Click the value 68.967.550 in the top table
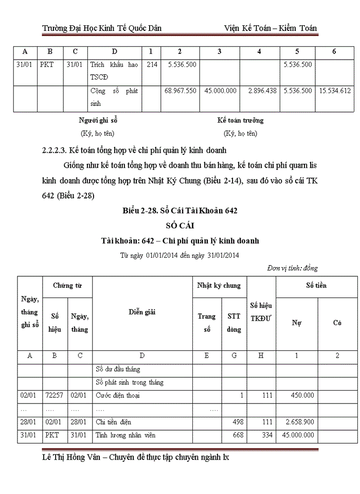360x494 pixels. (180, 91)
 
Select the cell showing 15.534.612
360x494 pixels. (335, 91)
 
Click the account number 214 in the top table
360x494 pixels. (152, 65)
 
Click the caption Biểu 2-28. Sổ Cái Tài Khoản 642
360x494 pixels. (179, 211)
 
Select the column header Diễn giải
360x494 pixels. (142, 312)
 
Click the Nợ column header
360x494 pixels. (296, 323)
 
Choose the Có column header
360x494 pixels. (337, 323)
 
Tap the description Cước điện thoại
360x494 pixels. (118, 396)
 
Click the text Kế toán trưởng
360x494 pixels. (240, 120)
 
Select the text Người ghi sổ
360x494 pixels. (98, 120)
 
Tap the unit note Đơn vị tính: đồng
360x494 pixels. (292, 268)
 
